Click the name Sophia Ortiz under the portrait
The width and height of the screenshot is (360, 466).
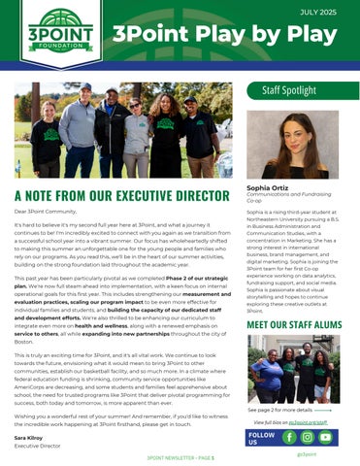[x=268, y=186]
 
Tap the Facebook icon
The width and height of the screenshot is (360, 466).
[x=290, y=438]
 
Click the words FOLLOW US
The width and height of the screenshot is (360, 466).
[x=261, y=438]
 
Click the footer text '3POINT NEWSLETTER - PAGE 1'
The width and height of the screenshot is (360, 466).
[x=180, y=454]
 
